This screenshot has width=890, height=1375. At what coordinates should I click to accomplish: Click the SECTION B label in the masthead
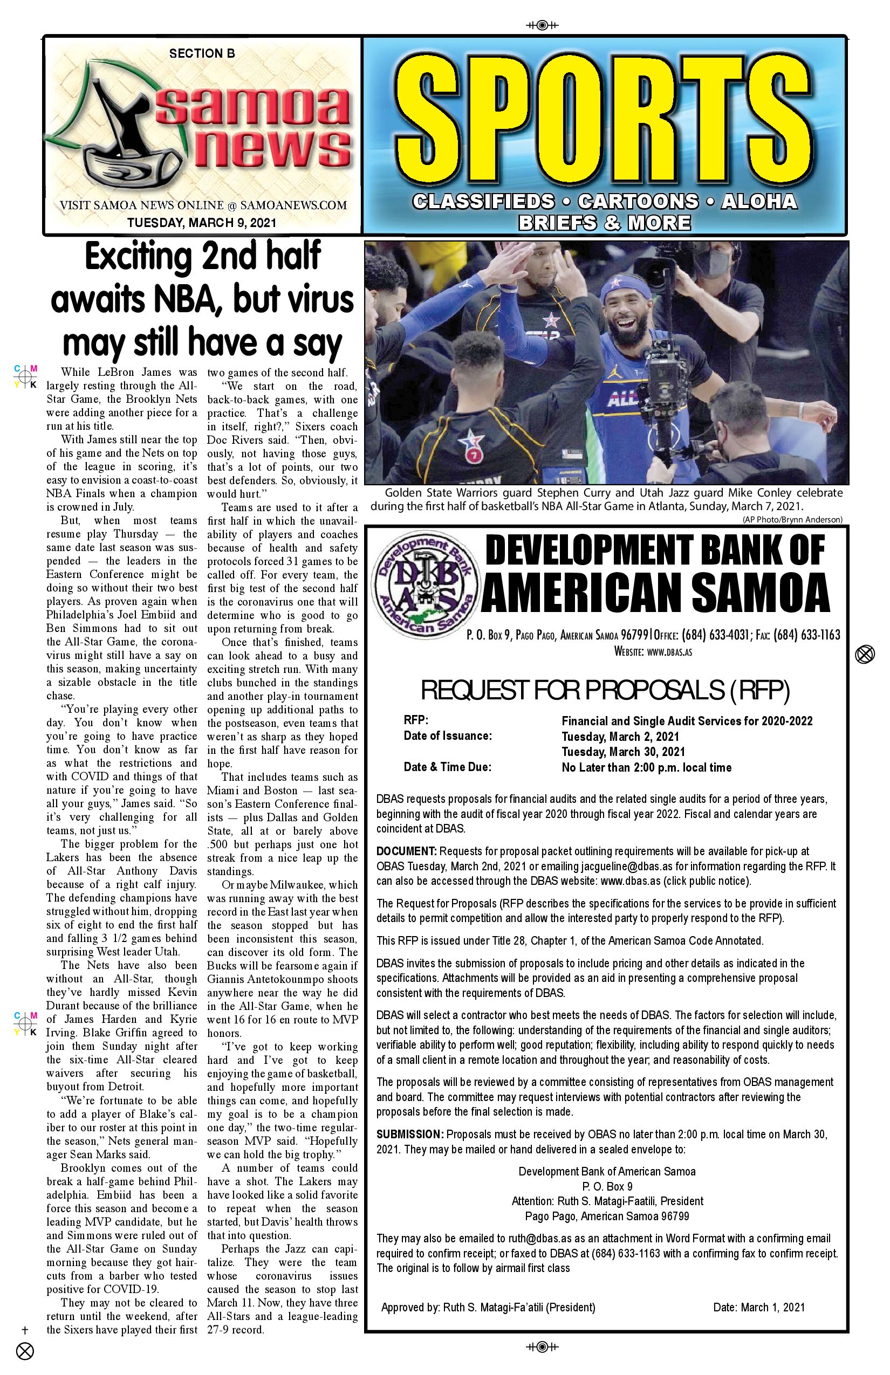[x=202, y=53]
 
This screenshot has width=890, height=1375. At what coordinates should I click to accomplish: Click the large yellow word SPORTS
[x=604, y=122]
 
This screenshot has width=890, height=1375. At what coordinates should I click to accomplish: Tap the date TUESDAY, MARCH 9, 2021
[x=202, y=222]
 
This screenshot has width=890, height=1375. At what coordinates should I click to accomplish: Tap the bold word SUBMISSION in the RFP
[x=410, y=1134]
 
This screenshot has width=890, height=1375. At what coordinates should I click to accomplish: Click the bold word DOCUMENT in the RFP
[x=406, y=851]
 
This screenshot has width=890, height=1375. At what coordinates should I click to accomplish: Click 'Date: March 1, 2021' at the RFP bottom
[x=758, y=1307]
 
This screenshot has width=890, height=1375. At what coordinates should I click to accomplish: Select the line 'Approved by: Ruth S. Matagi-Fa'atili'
[x=488, y=1307]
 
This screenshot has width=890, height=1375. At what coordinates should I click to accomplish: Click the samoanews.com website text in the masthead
[x=293, y=205]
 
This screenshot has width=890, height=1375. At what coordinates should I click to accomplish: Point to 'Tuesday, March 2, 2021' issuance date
[x=620, y=737]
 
